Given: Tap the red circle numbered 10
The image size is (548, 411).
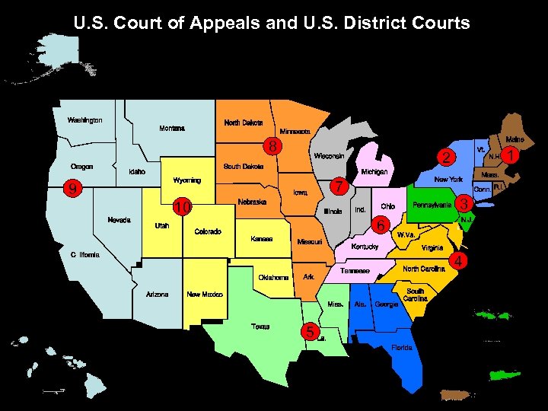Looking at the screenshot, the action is (x=181, y=207).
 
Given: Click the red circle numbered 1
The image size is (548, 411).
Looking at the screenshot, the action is (x=513, y=155).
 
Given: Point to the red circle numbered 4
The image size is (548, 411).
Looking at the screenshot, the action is (x=459, y=263).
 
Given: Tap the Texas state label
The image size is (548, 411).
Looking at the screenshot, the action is (x=260, y=327).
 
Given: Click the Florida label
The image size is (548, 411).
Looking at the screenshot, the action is (x=402, y=347).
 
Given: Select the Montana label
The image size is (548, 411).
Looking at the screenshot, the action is (x=171, y=129).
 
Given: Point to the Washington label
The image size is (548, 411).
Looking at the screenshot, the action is (x=84, y=120).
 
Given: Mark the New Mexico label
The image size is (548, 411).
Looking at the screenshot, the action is (x=204, y=294).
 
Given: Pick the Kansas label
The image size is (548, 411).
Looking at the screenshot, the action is (x=261, y=239).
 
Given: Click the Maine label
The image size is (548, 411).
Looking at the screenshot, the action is (x=515, y=139).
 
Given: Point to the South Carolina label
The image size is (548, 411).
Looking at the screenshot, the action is (x=415, y=295).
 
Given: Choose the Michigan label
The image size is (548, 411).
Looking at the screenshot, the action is (x=374, y=173).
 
